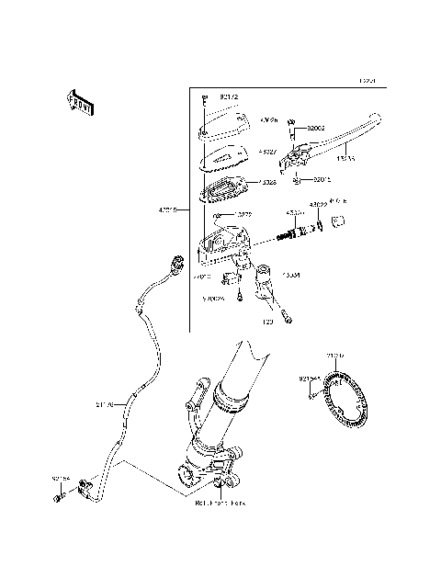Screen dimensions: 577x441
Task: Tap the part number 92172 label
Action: [228, 96]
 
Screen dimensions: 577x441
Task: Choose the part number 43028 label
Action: [267, 183]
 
